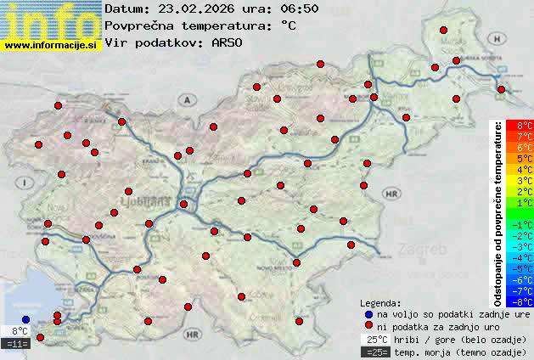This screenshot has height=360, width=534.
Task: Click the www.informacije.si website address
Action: coord(51,43)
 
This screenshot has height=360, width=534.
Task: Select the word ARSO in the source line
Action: coord(229,41)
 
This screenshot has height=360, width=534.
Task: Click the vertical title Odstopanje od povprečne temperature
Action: coord(498,212)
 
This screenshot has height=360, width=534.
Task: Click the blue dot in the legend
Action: coord(368,314)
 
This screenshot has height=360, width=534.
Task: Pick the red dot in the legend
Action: coord(368,326)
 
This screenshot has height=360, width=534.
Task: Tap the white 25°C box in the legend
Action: coord(374,339)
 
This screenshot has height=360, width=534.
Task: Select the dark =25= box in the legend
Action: coord(374,352)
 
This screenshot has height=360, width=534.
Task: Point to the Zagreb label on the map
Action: coord(427,250)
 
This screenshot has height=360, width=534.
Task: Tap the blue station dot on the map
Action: coord(25,320)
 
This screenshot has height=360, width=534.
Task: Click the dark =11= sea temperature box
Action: coord(17,344)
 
